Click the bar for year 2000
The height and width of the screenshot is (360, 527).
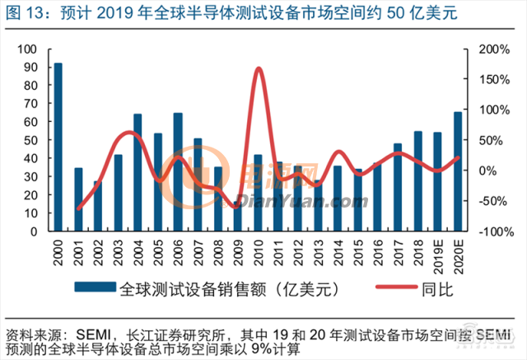(58, 147)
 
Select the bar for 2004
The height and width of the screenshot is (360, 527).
(138, 173)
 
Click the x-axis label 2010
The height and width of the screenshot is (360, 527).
(259, 252)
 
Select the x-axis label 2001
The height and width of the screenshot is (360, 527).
(78, 252)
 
